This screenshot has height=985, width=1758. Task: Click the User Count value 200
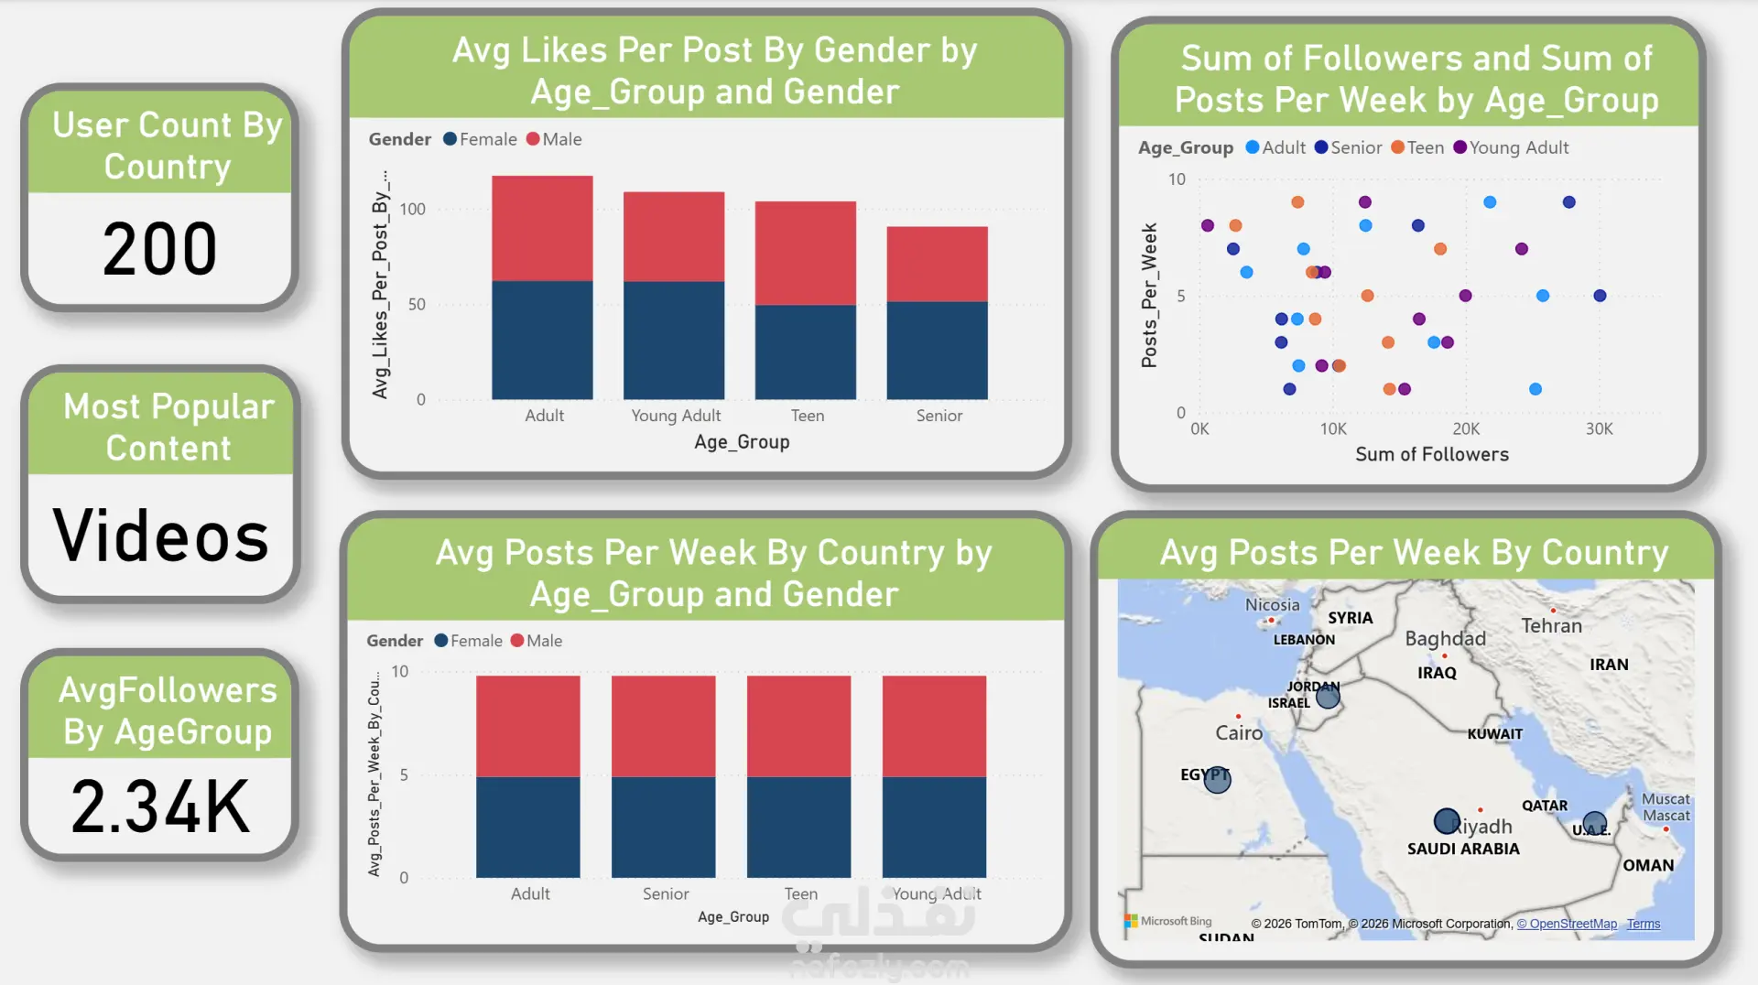(159, 249)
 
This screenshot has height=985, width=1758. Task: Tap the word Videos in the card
(161, 536)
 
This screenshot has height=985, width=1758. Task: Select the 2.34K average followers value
(160, 806)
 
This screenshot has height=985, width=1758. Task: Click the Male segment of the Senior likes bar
(937, 264)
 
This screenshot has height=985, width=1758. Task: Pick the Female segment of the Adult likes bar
(542, 340)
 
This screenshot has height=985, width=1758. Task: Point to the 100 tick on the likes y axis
(412, 210)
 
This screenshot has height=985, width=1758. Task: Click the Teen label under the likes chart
(807, 416)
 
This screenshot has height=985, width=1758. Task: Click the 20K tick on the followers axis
(1466, 428)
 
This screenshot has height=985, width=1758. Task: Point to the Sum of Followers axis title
(1431, 454)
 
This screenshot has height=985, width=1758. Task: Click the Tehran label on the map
(1551, 625)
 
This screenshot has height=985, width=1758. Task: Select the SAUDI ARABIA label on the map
(1463, 849)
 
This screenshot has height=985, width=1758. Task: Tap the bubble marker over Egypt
(1217, 779)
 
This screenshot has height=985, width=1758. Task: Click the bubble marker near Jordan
(1328, 697)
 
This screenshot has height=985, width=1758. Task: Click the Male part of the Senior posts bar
(663, 726)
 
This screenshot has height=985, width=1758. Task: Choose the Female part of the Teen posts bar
(798, 827)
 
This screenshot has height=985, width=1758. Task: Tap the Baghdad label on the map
(1445, 638)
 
